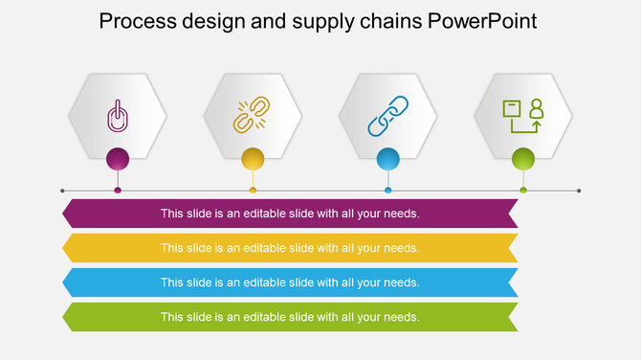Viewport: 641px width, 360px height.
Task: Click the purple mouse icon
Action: click(117, 117)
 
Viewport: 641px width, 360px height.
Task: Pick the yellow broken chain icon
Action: click(253, 115)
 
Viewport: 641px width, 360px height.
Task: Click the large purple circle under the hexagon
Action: click(118, 158)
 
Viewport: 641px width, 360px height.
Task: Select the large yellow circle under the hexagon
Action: click(253, 158)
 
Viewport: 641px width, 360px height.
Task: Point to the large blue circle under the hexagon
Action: click(387, 158)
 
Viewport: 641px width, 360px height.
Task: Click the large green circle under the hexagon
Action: click(522, 158)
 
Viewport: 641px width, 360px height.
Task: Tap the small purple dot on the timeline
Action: click(118, 191)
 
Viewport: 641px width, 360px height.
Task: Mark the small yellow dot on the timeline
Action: click(253, 191)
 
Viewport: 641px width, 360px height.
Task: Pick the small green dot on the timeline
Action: click(522, 191)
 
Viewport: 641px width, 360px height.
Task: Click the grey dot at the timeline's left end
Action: click(62, 191)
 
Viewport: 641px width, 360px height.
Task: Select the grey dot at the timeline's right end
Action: click(579, 191)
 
